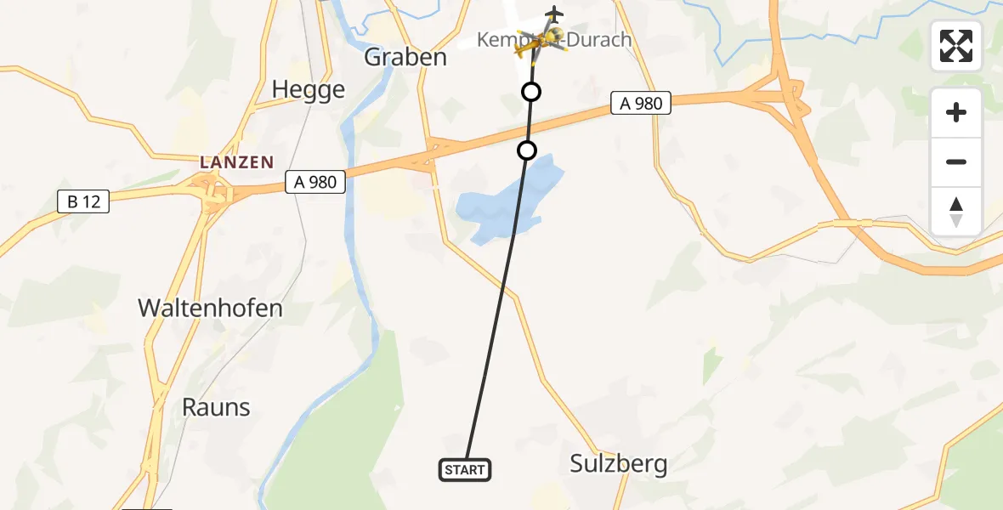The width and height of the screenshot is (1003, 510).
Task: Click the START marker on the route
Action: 465,469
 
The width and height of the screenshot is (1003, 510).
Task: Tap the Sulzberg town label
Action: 618,463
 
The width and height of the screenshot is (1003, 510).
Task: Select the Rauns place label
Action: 216,407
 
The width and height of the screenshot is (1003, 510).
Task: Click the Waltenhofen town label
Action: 210,308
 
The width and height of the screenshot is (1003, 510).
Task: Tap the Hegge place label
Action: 309,89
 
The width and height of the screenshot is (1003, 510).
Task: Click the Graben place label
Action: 405,57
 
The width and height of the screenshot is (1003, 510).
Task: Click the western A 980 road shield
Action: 315,181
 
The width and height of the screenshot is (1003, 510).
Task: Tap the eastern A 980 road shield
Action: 641,104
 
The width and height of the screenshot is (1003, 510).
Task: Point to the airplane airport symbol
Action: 554,14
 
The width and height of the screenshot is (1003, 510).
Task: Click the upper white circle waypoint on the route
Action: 531,92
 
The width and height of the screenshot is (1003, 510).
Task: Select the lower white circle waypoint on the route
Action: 527,150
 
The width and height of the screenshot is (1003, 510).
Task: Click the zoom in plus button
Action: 956,112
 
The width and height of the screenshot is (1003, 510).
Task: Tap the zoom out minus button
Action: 956,162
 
